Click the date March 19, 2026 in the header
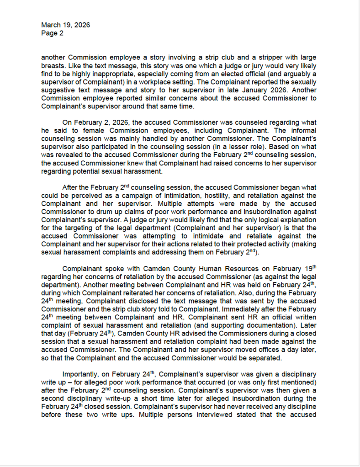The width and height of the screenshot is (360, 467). tap(65, 25)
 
